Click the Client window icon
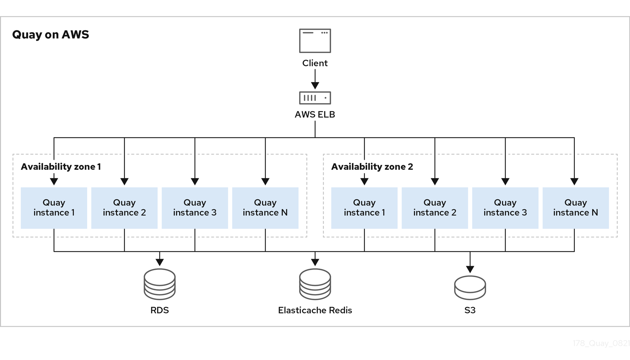coord(315,41)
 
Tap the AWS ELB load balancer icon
coord(315,98)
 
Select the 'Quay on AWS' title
coord(51,34)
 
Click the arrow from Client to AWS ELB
coord(315,79)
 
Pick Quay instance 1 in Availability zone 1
coord(54,208)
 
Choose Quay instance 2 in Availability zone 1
coord(124,208)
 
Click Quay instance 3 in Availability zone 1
coord(195,208)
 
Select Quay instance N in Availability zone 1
coord(265,208)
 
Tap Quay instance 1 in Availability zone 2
coord(364,208)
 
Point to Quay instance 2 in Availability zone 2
coord(435,208)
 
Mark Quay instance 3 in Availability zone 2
coord(505,208)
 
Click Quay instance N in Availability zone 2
coord(576,208)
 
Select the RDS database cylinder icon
coord(160,284)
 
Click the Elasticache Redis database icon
coord(315,284)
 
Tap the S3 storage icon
coord(470,288)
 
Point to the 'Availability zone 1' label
coord(61,167)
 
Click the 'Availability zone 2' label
coord(372,167)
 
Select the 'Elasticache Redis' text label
coord(315,310)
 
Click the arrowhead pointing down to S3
coord(470,269)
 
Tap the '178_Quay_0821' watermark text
coord(601,343)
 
